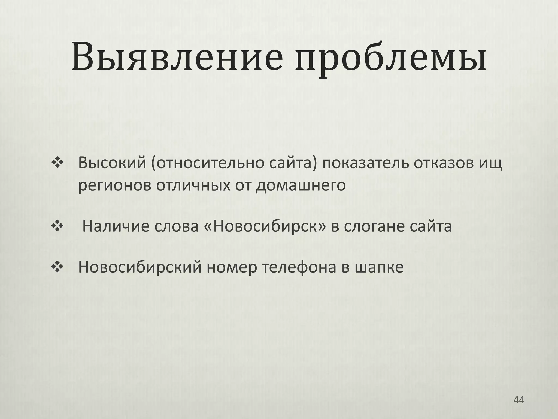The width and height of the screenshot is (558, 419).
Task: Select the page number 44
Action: point(518,400)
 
